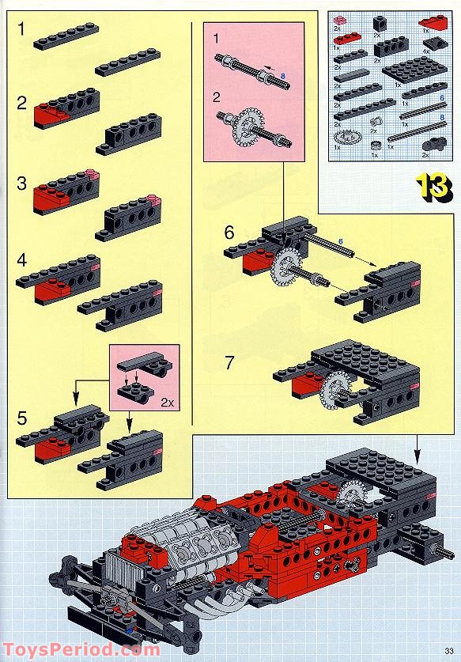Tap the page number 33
(447, 650)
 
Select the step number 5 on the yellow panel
(22, 416)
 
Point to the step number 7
(229, 363)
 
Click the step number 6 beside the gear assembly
(229, 233)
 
